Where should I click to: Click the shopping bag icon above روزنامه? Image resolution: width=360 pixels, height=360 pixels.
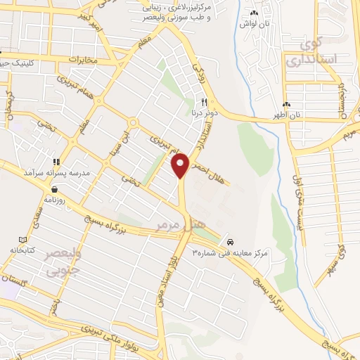54,189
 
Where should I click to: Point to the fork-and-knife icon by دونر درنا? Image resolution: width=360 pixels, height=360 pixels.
204,101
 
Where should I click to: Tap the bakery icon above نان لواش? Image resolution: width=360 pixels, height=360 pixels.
254,13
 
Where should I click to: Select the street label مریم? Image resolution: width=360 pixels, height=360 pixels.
349,131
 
